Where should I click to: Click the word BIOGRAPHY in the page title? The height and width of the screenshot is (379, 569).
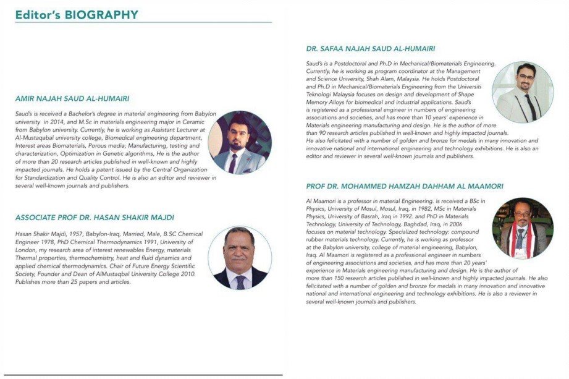(101, 14)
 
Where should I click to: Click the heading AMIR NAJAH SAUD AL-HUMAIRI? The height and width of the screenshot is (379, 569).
(72, 98)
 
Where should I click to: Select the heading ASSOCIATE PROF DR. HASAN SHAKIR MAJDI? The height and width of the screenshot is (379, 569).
(95, 217)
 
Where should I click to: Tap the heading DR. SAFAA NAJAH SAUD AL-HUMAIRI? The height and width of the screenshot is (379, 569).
(371, 48)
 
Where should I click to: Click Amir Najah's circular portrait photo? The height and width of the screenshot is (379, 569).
(240, 143)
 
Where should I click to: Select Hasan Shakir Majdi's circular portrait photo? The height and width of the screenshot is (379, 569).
(240, 258)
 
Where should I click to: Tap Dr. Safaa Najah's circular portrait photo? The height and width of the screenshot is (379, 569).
(523, 92)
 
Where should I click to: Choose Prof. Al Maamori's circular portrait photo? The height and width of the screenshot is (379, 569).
(523, 228)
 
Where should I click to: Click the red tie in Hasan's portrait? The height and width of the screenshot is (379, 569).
(240, 282)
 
